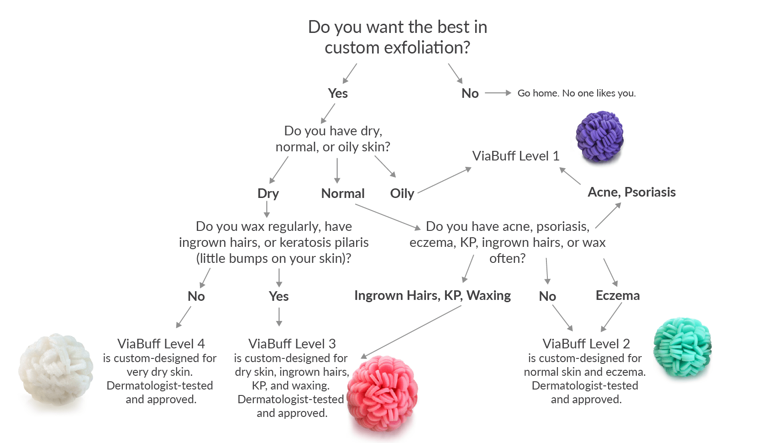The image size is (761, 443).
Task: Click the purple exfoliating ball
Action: click(x=599, y=136)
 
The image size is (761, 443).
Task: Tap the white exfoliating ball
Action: click(x=56, y=369)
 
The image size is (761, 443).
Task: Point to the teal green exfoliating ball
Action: click(x=682, y=347)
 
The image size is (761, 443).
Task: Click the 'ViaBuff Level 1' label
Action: click(x=515, y=156)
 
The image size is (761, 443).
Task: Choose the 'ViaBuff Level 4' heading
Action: click(x=161, y=343)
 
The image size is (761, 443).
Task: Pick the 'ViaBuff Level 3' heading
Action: click(x=292, y=343)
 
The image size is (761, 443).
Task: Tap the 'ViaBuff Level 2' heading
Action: click(x=586, y=343)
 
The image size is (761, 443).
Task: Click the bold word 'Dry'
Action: click(x=268, y=193)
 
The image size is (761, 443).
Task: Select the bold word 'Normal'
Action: click(x=343, y=193)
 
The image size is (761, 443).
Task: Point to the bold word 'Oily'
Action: click(x=402, y=193)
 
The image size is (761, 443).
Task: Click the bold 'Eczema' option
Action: click(x=617, y=295)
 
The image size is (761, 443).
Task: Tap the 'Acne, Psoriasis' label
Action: click(x=631, y=192)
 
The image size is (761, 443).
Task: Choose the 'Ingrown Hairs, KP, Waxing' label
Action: click(x=432, y=295)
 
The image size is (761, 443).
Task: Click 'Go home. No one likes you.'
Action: click(x=576, y=93)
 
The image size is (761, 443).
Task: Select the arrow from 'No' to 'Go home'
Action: click(x=498, y=93)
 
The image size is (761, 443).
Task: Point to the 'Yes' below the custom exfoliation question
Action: click(x=338, y=93)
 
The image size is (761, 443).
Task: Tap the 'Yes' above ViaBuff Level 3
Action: click(x=278, y=296)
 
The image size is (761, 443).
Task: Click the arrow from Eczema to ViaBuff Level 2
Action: click(x=612, y=317)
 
